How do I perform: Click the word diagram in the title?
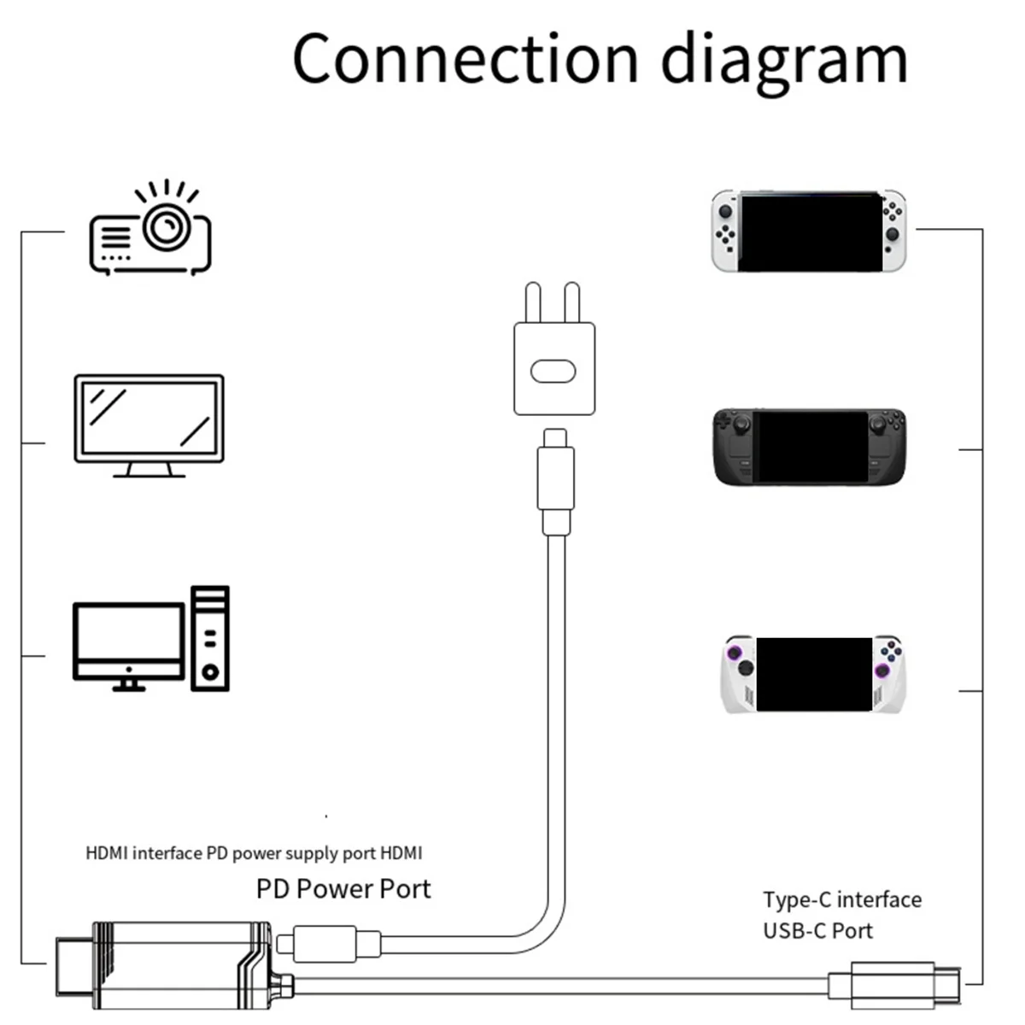click(x=784, y=61)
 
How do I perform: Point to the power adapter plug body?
click(x=554, y=367)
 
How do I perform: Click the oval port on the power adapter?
click(x=554, y=371)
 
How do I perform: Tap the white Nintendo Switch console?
click(x=808, y=231)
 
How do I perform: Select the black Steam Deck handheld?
click(x=808, y=447)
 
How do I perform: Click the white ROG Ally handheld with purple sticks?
click(x=812, y=675)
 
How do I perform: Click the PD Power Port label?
click(x=343, y=889)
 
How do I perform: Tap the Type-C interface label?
click(x=841, y=899)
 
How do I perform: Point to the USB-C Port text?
click(x=817, y=930)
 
